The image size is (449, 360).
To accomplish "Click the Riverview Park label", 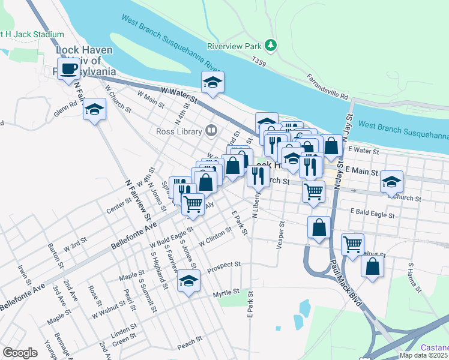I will [x=235, y=46].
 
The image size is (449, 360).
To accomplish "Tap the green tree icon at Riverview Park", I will [x=271, y=45].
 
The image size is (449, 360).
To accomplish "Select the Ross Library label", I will [x=179, y=131].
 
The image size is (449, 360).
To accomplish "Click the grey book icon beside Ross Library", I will [x=211, y=130].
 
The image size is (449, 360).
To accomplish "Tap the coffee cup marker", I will [x=68, y=68].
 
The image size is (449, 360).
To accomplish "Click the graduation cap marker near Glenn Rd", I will [x=94, y=109].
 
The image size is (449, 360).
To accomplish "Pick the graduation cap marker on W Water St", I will [x=212, y=82].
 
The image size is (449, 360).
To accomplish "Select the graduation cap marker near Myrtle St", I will [x=188, y=280].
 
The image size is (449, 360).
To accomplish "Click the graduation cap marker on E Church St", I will [x=391, y=182].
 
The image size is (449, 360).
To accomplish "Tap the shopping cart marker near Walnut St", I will [x=352, y=244].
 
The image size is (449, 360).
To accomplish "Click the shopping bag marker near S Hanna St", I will [x=372, y=266].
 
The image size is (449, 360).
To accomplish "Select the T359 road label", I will [x=259, y=61].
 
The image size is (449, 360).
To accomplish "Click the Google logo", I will [x=20, y=353].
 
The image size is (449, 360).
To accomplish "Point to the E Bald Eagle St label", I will [x=373, y=214].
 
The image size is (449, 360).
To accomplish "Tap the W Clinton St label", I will [x=215, y=235].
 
